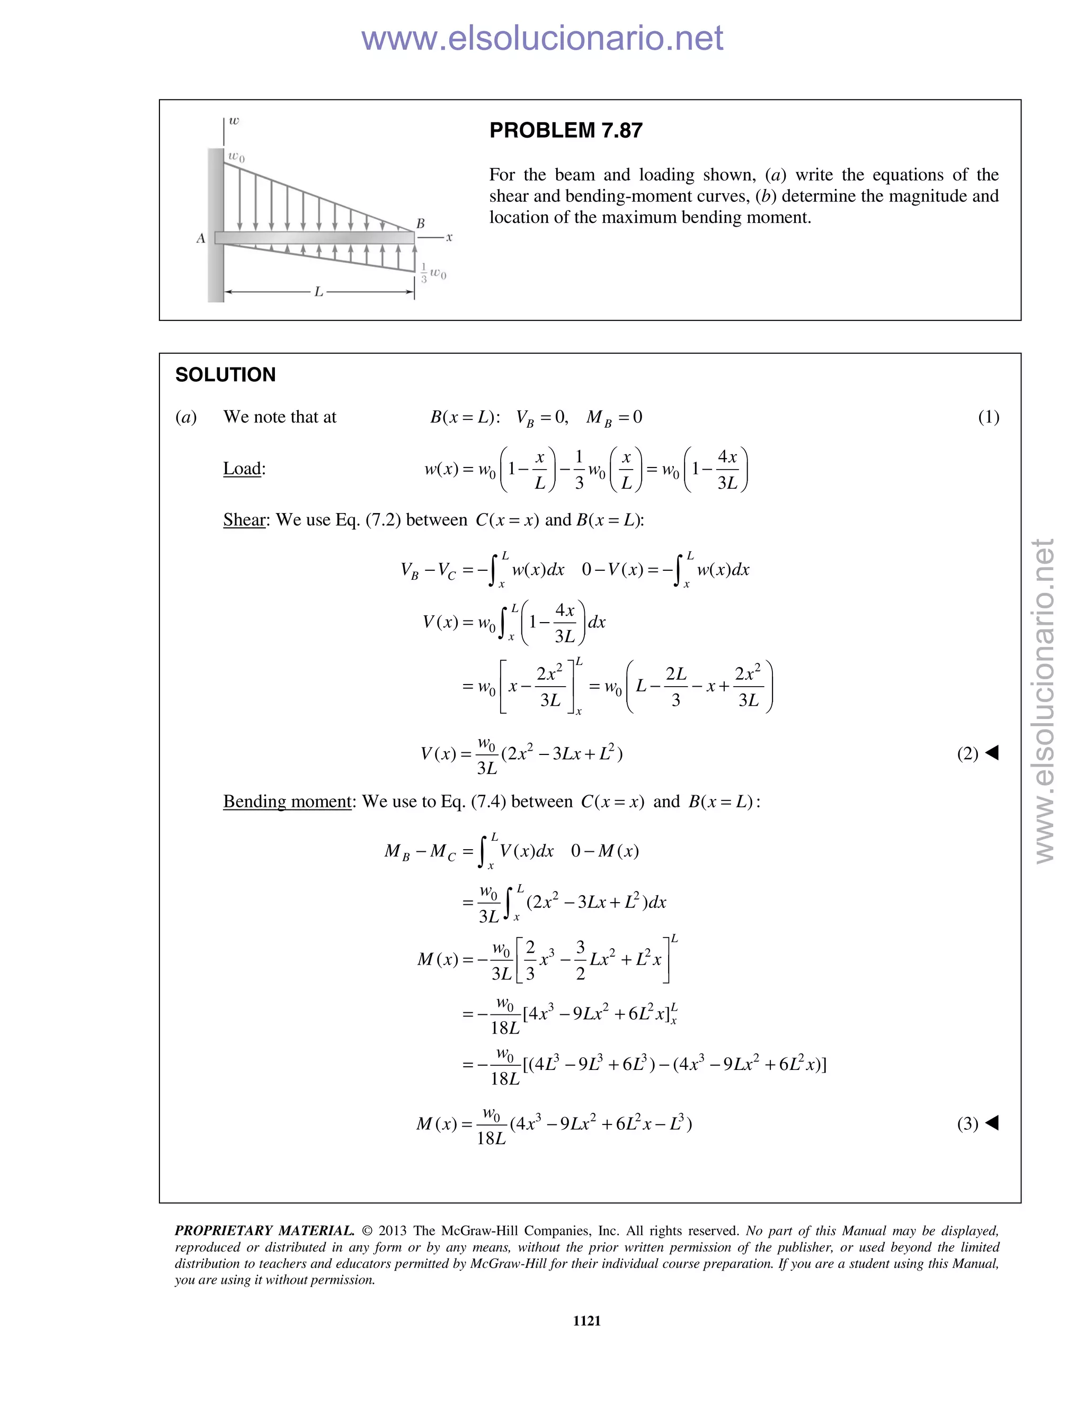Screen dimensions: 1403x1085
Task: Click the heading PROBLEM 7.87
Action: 566,130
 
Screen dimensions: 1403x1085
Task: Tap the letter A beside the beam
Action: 201,238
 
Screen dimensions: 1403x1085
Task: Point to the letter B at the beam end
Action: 420,223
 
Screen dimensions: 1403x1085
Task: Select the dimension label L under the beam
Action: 318,292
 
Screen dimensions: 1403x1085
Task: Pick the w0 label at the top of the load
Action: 236,156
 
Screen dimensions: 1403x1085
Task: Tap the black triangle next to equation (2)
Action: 992,752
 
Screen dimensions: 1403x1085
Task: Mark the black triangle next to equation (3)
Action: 992,1123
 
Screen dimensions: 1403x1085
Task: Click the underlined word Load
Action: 242,469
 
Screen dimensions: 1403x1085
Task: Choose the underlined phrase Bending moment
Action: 287,801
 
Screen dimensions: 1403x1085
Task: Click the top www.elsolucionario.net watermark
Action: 542,38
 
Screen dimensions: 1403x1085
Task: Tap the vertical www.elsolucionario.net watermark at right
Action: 1045,700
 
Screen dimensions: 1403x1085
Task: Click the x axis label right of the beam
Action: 449,237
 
